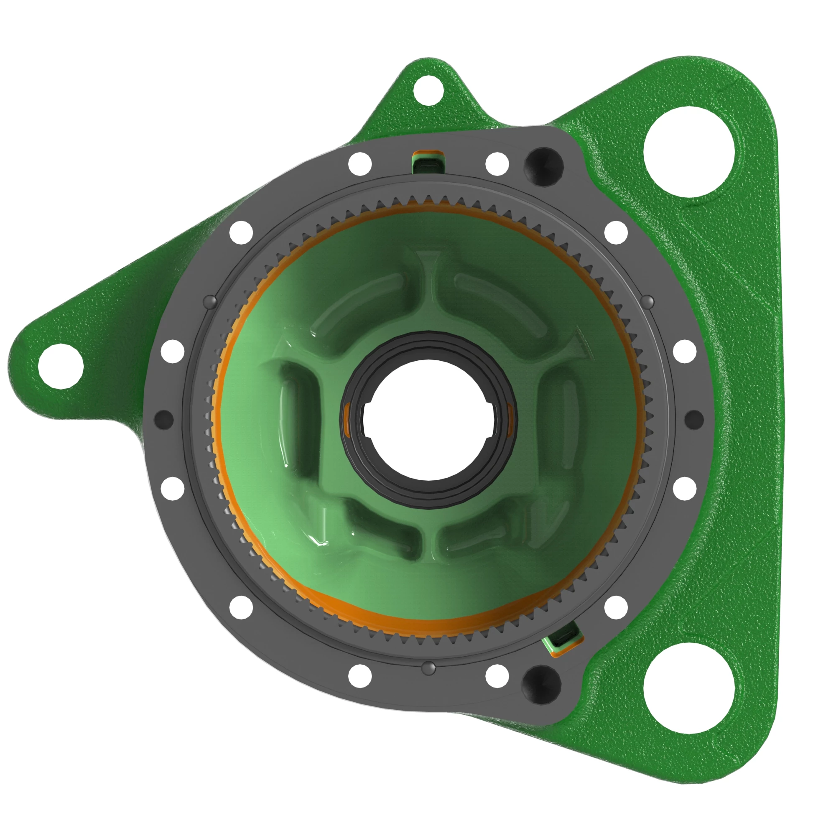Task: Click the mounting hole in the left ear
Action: click(x=61, y=366)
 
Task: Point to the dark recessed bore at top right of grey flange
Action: click(x=543, y=165)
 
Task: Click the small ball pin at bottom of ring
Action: click(x=428, y=667)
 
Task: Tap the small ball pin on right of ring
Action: click(x=648, y=301)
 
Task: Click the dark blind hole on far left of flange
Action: click(x=163, y=419)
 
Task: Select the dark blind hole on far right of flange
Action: click(x=694, y=419)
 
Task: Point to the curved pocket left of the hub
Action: click(x=298, y=415)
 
